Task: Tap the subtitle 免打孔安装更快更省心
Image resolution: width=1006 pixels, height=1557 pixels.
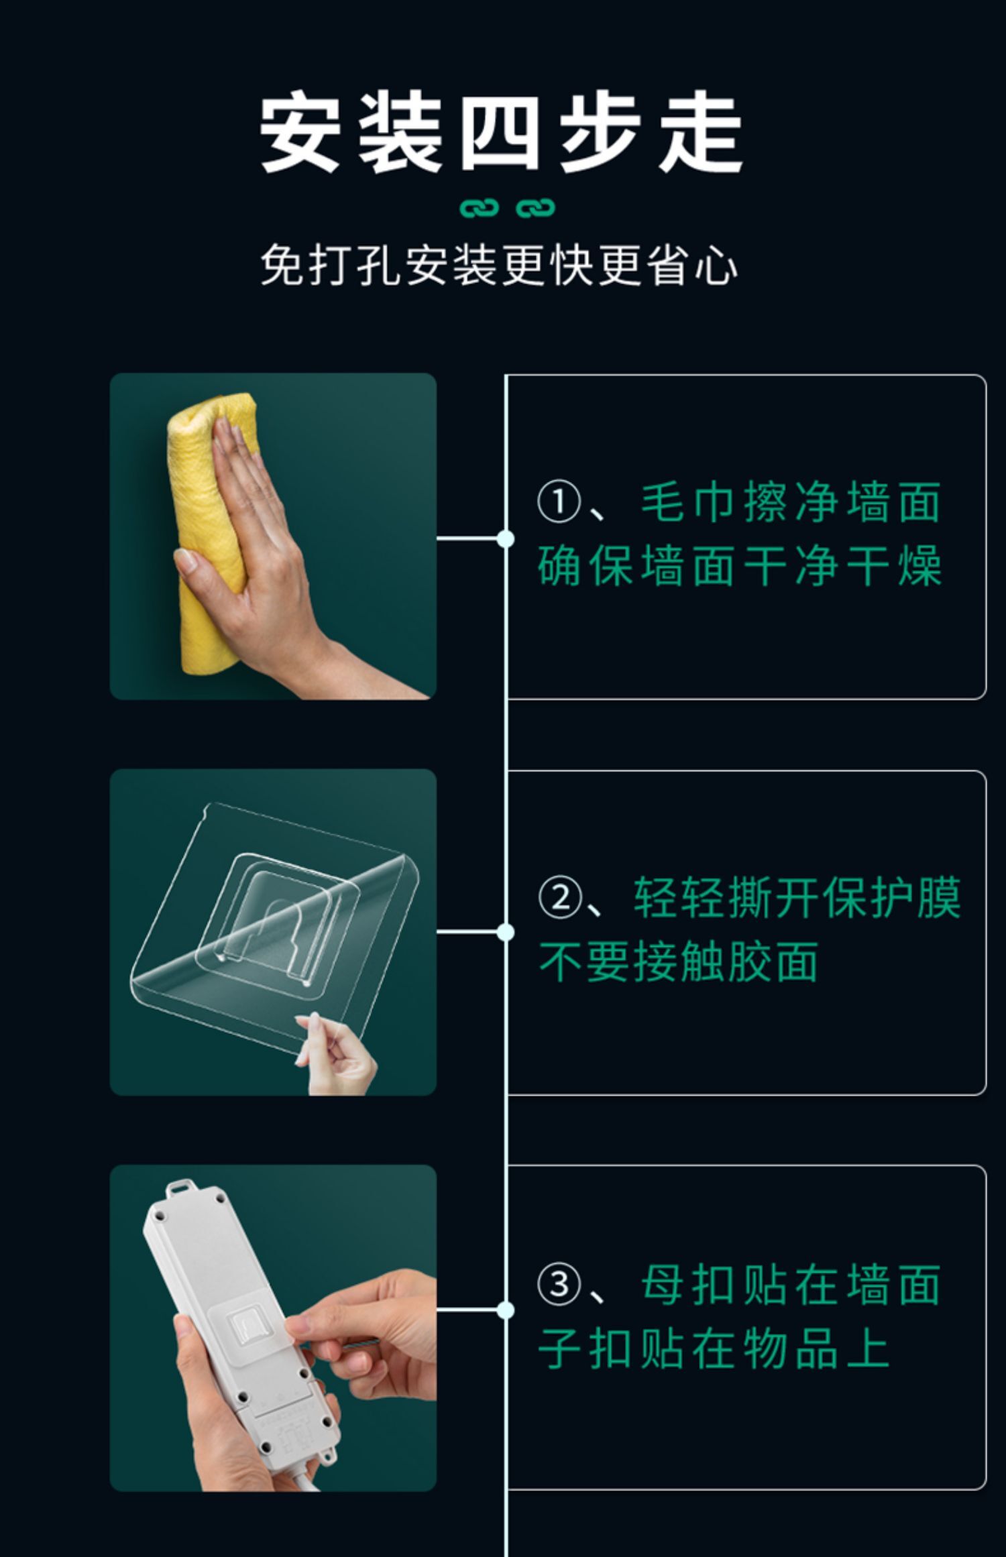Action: [500, 266]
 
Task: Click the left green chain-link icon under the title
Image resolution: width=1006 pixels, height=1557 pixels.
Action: [480, 209]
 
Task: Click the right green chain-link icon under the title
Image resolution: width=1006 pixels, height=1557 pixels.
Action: [535, 209]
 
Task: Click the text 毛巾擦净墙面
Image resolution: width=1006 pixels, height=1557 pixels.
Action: [791, 502]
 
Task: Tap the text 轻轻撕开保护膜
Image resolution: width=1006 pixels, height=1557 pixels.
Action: [797, 897]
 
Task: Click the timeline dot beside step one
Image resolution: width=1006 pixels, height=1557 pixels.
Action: [506, 538]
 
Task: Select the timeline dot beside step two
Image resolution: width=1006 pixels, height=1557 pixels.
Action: [506, 932]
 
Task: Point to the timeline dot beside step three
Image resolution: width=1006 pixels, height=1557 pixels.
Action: [506, 1310]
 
